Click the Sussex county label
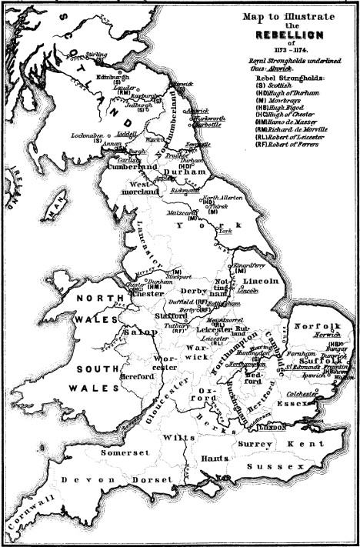click(x=272, y=467)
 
